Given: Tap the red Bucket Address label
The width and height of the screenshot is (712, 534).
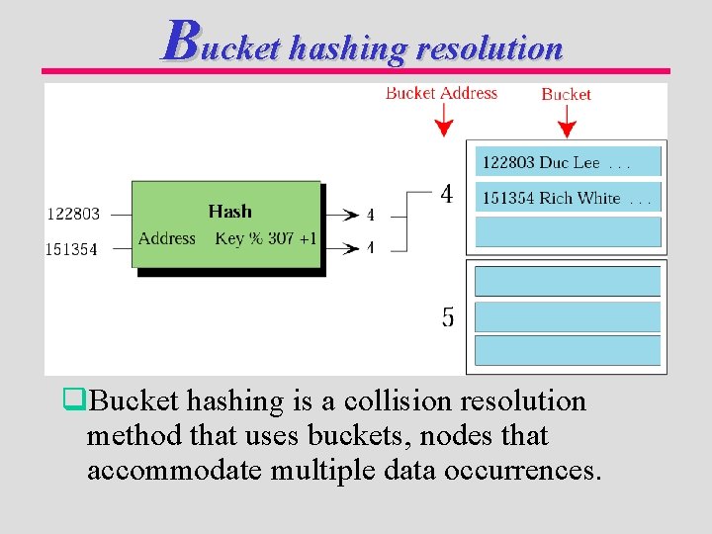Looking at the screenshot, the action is (x=441, y=93).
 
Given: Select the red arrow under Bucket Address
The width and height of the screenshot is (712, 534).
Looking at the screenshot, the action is (x=444, y=120).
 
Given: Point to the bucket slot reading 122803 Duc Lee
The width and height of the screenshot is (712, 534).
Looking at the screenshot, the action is (x=568, y=162).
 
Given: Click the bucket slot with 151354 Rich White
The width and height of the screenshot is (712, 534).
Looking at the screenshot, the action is (x=568, y=198).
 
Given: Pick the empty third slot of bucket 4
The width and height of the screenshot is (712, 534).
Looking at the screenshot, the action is (x=568, y=231).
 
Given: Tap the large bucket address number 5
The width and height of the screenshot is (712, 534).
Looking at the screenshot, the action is (x=448, y=317).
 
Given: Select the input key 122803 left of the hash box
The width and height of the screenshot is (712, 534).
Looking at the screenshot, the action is (x=73, y=214).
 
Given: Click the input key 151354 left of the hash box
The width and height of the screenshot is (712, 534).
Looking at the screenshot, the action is (x=72, y=249).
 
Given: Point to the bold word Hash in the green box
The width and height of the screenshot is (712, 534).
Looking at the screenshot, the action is (x=229, y=211).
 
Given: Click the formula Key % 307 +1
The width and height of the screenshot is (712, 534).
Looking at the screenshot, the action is (x=266, y=238).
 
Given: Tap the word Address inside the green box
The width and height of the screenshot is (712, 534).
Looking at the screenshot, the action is (x=167, y=238).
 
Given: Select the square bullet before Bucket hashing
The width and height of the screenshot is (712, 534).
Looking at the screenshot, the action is (x=70, y=400).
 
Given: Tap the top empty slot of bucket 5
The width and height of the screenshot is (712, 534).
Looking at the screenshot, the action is (x=568, y=282).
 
